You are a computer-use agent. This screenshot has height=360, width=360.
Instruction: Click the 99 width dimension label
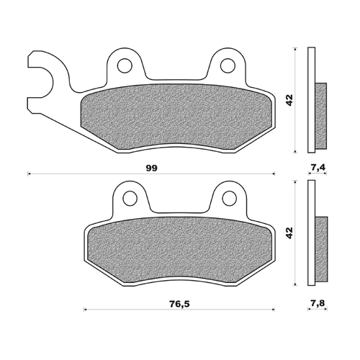click(150, 167)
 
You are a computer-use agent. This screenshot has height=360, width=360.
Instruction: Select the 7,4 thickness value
click(317, 168)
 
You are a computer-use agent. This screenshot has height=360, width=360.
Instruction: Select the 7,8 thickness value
click(317, 304)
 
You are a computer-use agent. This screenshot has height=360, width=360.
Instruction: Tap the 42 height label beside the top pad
click(289, 100)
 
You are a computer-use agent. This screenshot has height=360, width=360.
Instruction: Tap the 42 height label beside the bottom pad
click(289, 233)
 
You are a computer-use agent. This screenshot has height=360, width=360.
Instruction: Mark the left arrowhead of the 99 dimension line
click(30, 174)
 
